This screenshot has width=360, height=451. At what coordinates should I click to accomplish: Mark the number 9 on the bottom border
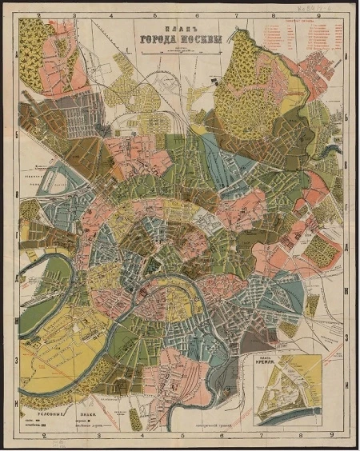tap(331, 437)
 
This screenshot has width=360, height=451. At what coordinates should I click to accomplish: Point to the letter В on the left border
tap(17, 194)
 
